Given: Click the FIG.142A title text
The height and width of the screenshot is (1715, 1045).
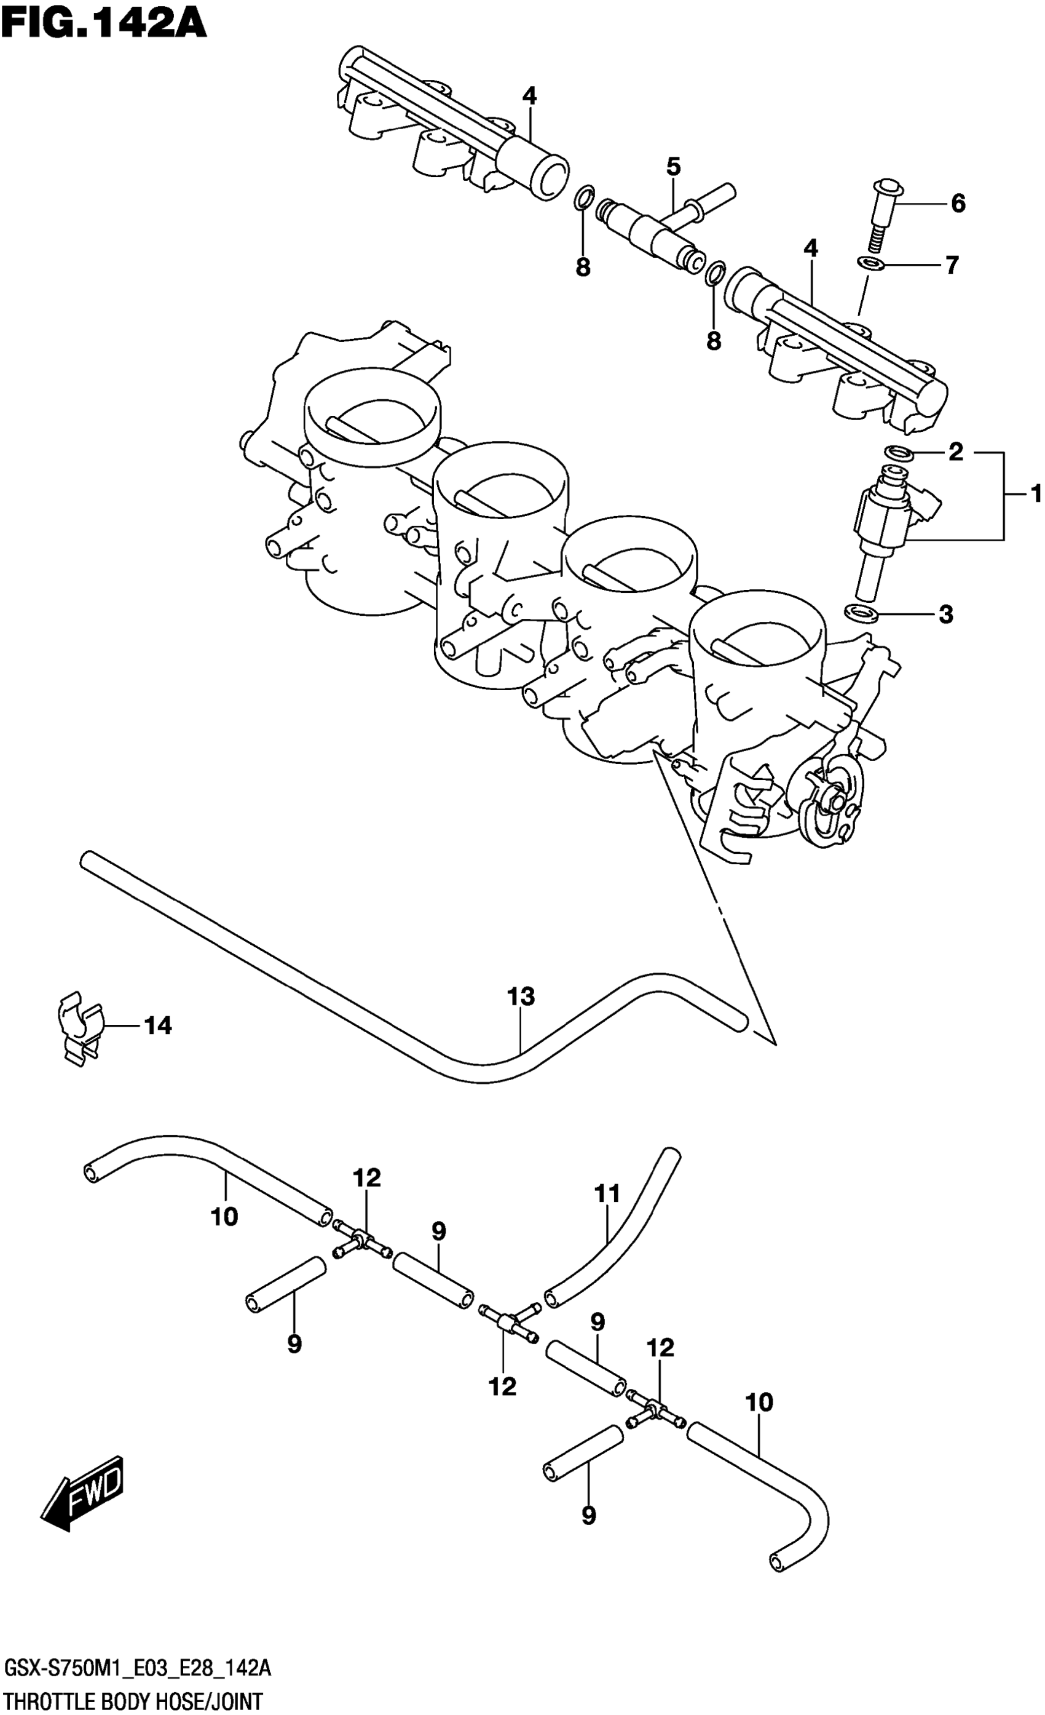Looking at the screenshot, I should [x=104, y=22].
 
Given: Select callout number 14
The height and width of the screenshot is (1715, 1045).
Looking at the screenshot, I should [x=158, y=1025].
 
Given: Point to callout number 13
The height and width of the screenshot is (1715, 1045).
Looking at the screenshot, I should [x=521, y=997].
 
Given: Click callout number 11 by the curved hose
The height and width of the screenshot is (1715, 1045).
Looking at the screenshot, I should [x=607, y=1195].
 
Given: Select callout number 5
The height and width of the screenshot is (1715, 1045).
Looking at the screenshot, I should [x=672, y=167].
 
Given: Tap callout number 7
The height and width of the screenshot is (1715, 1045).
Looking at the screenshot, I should [x=952, y=265].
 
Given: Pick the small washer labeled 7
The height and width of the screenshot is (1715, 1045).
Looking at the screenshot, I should [x=870, y=263].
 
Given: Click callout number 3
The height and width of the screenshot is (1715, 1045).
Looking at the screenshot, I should [x=945, y=614].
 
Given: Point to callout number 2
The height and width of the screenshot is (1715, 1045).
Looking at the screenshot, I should [x=955, y=452].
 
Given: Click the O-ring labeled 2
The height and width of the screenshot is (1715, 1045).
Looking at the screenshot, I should [x=899, y=453].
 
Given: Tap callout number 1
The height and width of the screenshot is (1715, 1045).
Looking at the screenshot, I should [x=1035, y=494].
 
